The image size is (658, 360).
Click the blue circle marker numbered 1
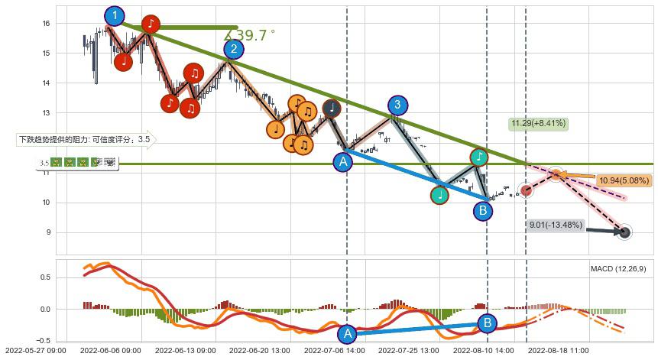(x=115, y=16)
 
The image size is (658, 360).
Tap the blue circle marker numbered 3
(x=397, y=105)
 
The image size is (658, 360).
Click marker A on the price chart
(x=343, y=162)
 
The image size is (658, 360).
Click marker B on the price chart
(x=483, y=210)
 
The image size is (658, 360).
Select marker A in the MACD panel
(x=348, y=333)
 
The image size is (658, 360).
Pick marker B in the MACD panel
(x=487, y=323)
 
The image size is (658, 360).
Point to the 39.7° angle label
(x=249, y=35)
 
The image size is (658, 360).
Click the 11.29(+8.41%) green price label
(x=539, y=123)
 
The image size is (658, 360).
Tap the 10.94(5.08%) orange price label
(x=624, y=180)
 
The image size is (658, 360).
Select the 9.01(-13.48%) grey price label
(x=556, y=225)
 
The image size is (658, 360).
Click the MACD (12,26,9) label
(x=618, y=269)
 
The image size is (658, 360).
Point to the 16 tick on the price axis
(x=45, y=24)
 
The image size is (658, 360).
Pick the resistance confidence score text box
(x=85, y=140)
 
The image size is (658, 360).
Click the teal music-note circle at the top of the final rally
(x=479, y=157)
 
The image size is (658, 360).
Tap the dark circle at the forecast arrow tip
(x=624, y=232)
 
